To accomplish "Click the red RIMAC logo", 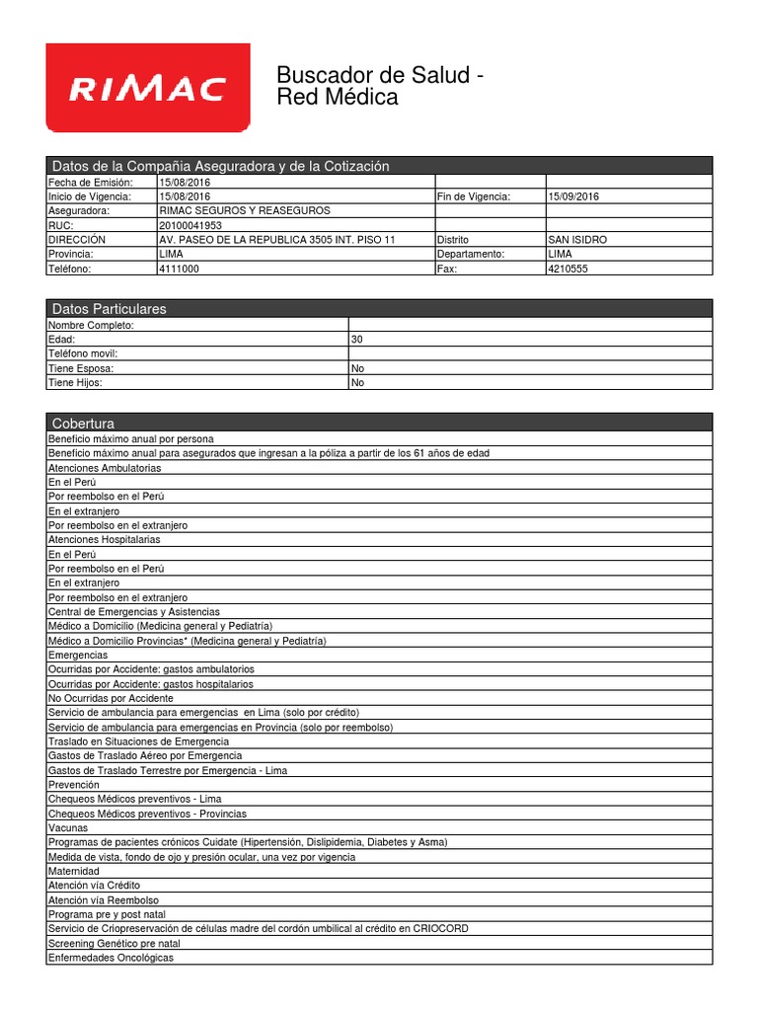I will click(148, 89).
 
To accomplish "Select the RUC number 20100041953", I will click(190, 225).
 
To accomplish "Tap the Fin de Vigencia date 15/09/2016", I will click(573, 196).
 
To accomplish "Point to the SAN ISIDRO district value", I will click(577, 240).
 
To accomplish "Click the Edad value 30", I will click(357, 339).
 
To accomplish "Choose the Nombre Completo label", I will click(91, 325).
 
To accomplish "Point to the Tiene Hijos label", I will click(75, 382).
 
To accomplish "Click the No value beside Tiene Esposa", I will click(357, 367).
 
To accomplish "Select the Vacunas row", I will click(68, 827).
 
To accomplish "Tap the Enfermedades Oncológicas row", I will click(111, 958).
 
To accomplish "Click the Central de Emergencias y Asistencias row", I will click(134, 612).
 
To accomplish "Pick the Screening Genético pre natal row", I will click(114, 943).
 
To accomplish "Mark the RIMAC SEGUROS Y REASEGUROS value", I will click(245, 211).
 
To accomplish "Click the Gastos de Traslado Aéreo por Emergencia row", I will click(144, 755).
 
